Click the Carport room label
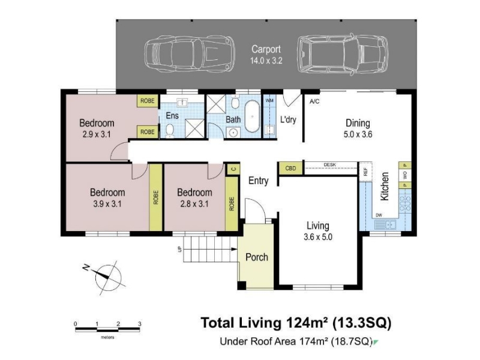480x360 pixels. [266, 49]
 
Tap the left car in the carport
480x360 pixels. [190, 54]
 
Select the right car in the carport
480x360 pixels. [343, 54]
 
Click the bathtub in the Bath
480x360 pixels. [252, 116]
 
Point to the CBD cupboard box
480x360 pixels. [290, 169]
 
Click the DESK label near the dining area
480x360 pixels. [329, 164]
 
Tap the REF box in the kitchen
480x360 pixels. [365, 172]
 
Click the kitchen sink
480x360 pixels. [386, 224]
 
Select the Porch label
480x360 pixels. [257, 257]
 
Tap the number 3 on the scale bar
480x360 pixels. [140, 324]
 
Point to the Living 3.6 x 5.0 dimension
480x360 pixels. [318, 237]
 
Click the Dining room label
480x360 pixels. [358, 123]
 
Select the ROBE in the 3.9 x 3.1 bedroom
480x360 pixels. [155, 197]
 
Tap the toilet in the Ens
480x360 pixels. [169, 131]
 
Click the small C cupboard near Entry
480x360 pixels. [233, 169]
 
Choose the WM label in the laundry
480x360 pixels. [269, 100]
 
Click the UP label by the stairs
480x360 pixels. [179, 249]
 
